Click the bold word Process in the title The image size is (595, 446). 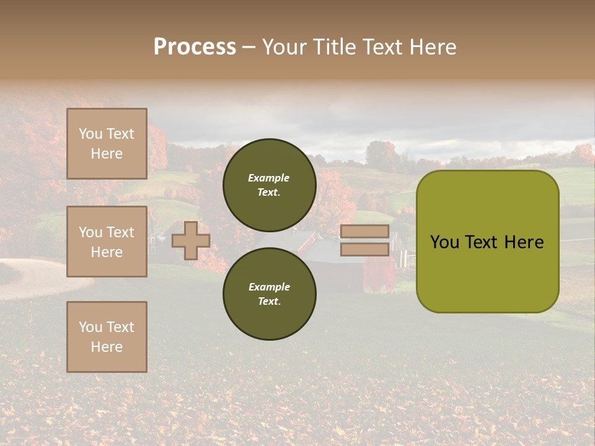(195, 47)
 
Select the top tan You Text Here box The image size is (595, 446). (107, 144)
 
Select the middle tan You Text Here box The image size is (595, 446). (107, 242)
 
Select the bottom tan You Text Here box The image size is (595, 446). (107, 337)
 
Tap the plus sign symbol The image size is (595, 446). (190, 240)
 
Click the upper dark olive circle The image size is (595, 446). (269, 185)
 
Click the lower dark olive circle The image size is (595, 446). (269, 294)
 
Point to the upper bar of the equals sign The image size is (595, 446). (364, 231)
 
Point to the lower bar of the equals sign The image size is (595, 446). (364, 249)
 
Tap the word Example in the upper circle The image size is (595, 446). (268, 178)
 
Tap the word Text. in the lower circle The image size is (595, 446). (269, 302)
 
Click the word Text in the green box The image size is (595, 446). (487, 242)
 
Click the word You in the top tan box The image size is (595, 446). (90, 134)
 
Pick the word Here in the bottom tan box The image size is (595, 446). (107, 347)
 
